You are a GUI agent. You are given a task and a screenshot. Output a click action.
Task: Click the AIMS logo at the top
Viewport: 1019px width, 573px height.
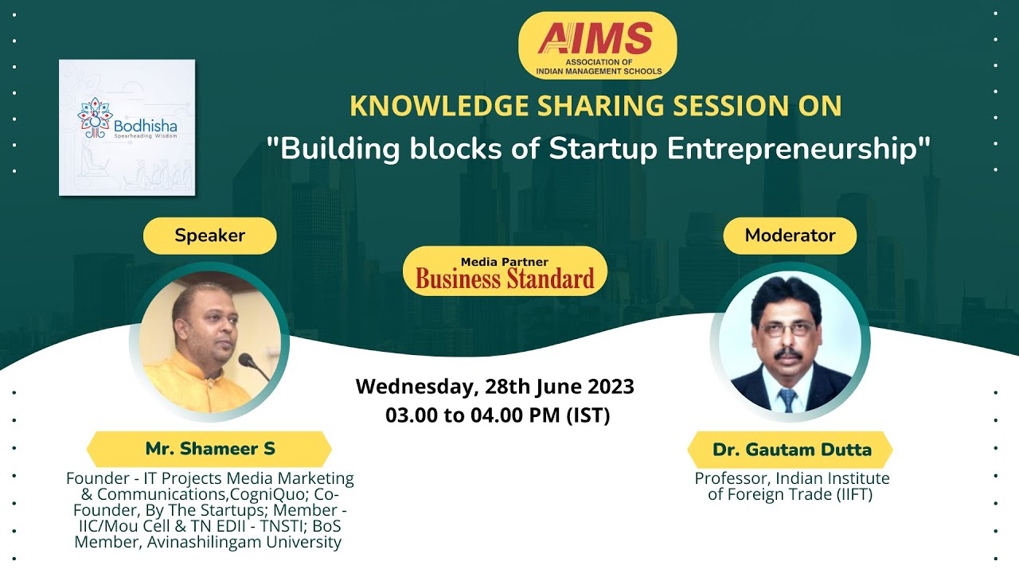tap(597, 45)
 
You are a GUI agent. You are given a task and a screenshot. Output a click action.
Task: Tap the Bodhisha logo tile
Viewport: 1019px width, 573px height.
tap(127, 127)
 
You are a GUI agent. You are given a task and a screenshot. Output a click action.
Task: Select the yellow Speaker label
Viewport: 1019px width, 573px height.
tap(209, 236)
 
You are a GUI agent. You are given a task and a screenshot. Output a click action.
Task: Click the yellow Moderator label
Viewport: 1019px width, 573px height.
tap(790, 236)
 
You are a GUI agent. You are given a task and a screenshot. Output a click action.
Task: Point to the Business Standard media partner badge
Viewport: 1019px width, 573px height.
tap(505, 272)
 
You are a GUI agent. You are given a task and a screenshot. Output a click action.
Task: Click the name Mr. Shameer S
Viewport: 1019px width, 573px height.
tap(209, 449)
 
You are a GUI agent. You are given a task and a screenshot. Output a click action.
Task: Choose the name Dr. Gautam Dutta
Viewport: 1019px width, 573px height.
tap(791, 450)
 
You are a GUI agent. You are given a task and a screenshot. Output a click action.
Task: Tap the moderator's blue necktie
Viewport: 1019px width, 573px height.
tap(787, 400)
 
